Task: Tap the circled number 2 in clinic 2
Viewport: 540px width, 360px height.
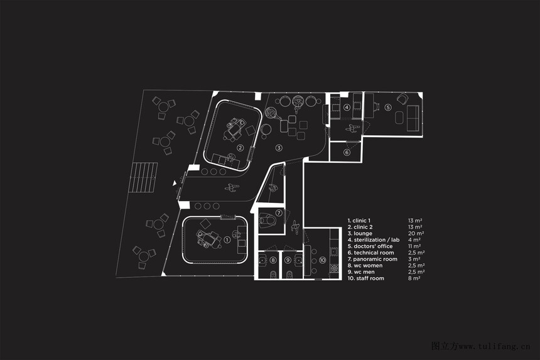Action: coord(240,148)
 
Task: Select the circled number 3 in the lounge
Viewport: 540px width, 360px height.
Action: coord(279,148)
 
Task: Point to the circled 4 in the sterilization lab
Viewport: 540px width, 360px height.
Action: coord(347,107)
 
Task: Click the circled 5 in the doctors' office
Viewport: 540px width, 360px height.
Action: coord(388,107)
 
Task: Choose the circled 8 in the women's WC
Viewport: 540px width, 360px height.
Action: coord(273,259)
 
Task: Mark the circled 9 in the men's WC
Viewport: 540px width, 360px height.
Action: coord(288,259)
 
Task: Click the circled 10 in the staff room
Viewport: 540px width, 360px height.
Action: coord(322,259)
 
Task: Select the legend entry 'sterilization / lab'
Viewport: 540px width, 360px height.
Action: coord(377,239)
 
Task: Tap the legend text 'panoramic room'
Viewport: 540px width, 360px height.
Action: coord(375,259)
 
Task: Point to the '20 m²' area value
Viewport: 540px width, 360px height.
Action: coord(415,233)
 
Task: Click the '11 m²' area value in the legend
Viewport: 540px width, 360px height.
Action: coord(414,246)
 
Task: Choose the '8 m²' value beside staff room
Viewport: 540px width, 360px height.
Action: coord(414,278)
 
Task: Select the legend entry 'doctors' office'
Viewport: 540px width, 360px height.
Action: coord(373,246)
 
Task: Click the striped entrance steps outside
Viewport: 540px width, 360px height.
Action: coord(142,178)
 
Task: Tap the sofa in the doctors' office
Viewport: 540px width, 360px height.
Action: coord(413,119)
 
